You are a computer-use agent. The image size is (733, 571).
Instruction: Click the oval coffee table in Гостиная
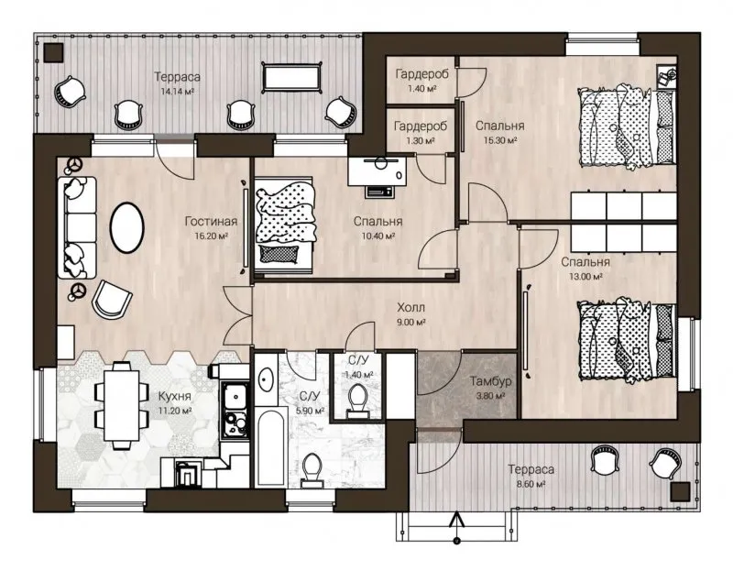point(126,227)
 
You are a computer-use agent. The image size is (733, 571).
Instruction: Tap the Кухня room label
point(174,396)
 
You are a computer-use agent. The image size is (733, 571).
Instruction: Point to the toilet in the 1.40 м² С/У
point(358,400)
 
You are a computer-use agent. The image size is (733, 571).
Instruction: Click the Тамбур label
point(490,381)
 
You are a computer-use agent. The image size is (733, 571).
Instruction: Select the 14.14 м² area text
point(177,92)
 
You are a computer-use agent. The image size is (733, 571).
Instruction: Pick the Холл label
point(410,307)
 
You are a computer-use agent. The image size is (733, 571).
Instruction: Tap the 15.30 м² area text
point(499,140)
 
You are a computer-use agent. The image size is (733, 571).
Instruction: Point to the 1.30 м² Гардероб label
point(421,126)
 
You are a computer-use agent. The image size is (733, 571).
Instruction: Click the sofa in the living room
point(77,227)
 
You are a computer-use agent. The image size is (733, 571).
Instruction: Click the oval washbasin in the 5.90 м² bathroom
point(267,379)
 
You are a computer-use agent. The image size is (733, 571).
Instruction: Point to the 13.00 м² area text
point(585,277)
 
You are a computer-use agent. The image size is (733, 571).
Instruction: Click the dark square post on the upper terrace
point(53,53)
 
